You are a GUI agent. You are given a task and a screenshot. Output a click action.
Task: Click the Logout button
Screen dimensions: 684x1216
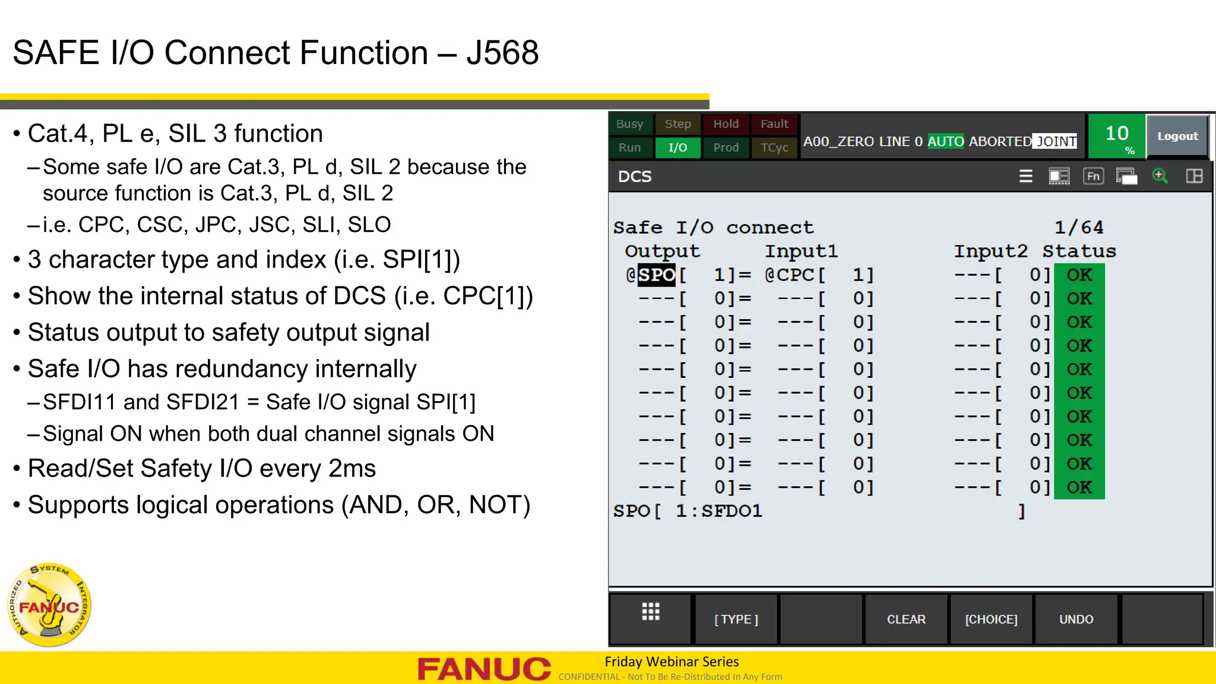point(1177,136)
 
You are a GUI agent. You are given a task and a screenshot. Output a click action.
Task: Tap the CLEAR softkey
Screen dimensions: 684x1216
point(906,619)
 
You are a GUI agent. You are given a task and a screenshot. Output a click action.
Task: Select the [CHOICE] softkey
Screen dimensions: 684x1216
point(991,619)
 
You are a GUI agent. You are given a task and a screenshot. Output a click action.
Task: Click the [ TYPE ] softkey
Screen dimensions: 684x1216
point(736,619)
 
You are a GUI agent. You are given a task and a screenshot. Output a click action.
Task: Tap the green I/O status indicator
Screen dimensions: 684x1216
point(677,148)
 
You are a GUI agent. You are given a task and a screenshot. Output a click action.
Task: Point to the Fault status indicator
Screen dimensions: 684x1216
point(774,124)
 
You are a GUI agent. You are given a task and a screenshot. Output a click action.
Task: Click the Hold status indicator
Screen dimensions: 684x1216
point(726,124)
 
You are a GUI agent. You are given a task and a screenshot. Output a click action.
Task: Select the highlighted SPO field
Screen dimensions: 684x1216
point(656,275)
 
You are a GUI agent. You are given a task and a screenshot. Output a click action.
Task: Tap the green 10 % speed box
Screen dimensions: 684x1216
point(1117,136)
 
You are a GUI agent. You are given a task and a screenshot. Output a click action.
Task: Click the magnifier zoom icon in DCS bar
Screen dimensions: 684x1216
point(1160,176)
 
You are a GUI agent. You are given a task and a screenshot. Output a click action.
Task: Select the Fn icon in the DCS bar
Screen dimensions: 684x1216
point(1093,176)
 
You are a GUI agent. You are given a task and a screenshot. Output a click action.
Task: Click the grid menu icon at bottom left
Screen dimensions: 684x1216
point(651,612)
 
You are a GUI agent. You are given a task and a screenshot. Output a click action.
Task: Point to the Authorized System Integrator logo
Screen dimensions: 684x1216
point(49,605)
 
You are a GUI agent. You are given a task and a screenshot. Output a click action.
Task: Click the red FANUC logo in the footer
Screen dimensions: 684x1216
point(484,669)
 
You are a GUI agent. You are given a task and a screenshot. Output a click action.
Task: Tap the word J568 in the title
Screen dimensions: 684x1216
point(502,53)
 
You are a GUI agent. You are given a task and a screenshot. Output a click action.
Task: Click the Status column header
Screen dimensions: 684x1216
point(1079,251)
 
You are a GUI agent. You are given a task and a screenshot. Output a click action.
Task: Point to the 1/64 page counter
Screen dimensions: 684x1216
point(1078,227)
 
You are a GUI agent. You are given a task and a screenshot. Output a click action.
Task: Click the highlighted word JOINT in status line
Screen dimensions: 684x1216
point(1056,141)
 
